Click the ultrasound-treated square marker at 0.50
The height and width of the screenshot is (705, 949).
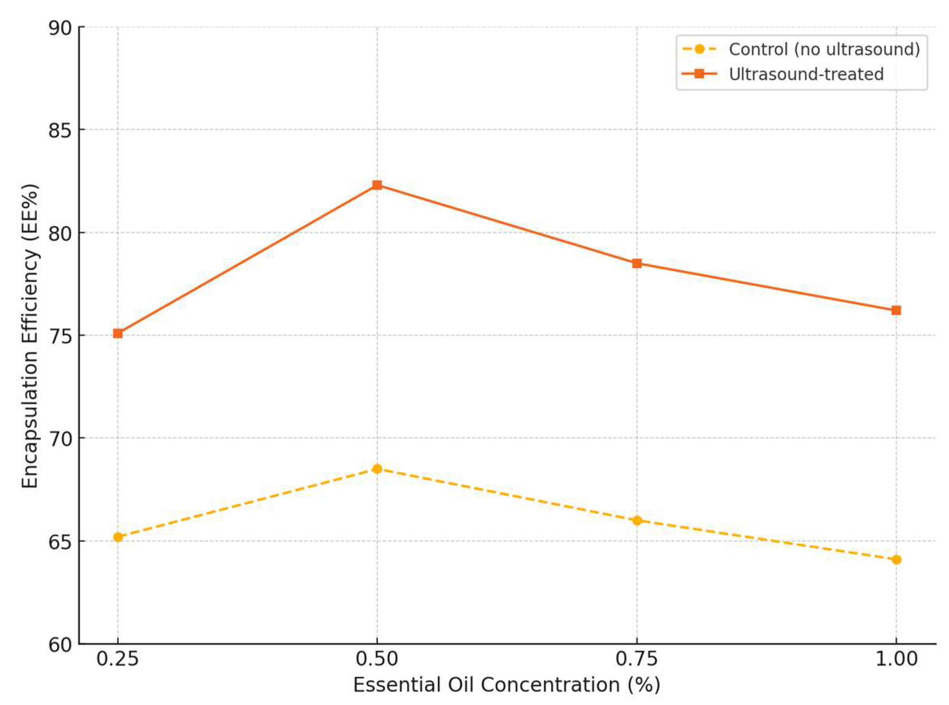(377, 185)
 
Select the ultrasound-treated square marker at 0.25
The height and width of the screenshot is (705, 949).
(118, 333)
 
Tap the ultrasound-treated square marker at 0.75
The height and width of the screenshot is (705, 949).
(637, 263)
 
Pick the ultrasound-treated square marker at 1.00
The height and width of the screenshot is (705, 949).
(896, 310)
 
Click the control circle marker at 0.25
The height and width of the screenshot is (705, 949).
(118, 537)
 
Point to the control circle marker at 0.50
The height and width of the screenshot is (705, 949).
(377, 469)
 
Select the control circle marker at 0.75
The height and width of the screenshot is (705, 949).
(637, 520)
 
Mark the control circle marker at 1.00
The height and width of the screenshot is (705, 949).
(896, 560)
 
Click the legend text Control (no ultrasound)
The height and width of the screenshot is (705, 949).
(824, 50)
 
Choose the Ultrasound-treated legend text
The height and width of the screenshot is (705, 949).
(806, 74)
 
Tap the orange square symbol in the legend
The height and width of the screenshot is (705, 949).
(699, 74)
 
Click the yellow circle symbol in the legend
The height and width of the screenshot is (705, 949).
(699, 50)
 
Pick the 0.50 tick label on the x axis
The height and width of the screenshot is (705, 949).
(377, 659)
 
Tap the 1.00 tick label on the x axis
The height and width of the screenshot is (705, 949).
(896, 659)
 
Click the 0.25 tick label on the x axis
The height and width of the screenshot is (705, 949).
(118, 659)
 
